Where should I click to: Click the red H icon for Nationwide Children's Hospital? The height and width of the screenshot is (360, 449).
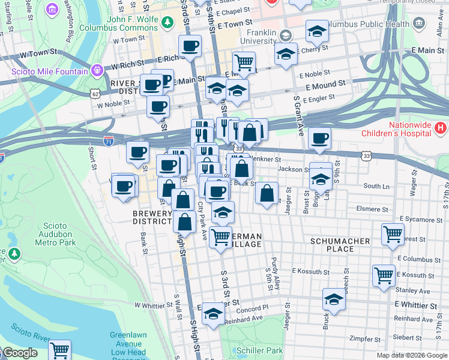pyautogui.click(x=440, y=127)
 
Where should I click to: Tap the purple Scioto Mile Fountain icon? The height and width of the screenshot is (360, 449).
pyautogui.click(x=96, y=71)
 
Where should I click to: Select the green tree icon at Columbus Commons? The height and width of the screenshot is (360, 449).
pyautogui.click(x=170, y=22)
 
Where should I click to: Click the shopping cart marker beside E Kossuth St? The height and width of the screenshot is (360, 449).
pyautogui.click(x=384, y=276)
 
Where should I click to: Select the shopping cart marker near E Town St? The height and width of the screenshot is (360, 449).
pyautogui.click(x=244, y=62)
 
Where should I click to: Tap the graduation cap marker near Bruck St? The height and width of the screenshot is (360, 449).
pyautogui.click(x=334, y=299)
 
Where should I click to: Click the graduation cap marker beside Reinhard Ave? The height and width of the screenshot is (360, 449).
pyautogui.click(x=212, y=314)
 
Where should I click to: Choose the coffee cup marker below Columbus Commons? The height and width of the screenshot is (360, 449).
pyautogui.click(x=190, y=46)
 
